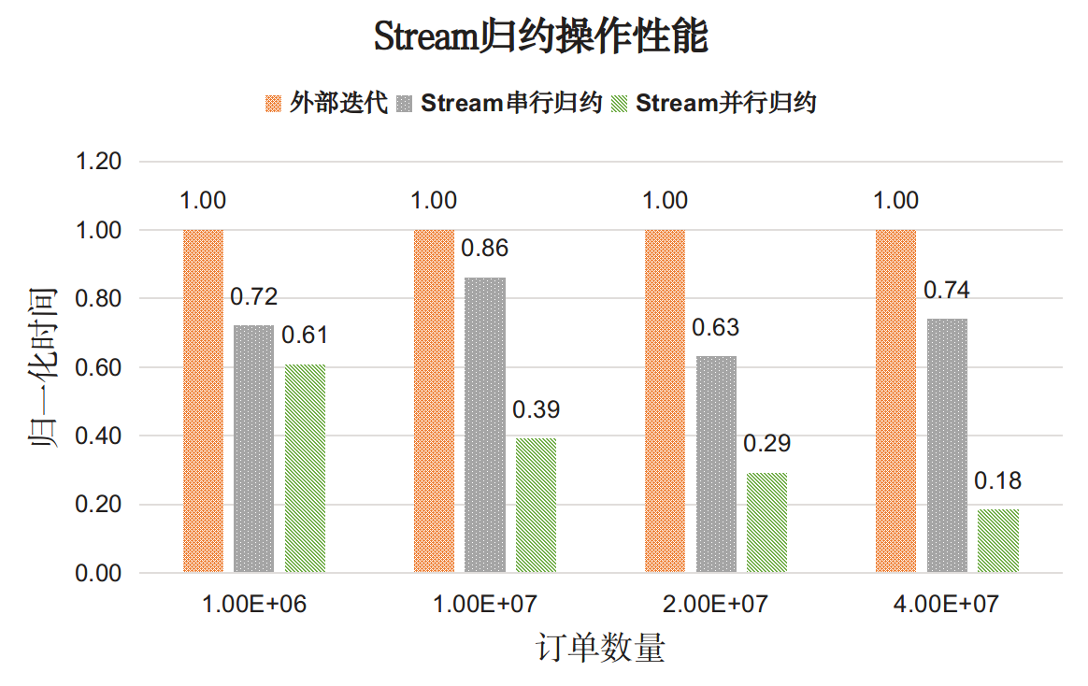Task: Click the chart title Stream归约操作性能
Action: click(541, 38)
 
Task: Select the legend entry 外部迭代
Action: click(327, 103)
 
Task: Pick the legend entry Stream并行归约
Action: click(715, 103)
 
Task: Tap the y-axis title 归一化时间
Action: click(43, 367)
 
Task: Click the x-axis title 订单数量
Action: click(601, 648)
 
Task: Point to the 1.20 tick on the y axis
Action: click(97, 162)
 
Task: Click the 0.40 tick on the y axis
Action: click(97, 436)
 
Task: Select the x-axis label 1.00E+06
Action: click(254, 605)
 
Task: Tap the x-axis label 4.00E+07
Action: click(947, 605)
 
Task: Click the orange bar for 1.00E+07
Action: click(435, 401)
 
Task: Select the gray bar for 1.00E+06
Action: click(254, 449)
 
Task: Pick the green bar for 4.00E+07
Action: click(998, 541)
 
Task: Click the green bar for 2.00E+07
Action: click(767, 522)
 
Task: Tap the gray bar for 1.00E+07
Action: click(485, 425)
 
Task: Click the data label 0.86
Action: click(485, 249)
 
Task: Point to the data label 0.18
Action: click(998, 481)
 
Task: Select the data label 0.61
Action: click(306, 336)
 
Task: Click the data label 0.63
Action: click(716, 328)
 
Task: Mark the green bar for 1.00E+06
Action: click(306, 468)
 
